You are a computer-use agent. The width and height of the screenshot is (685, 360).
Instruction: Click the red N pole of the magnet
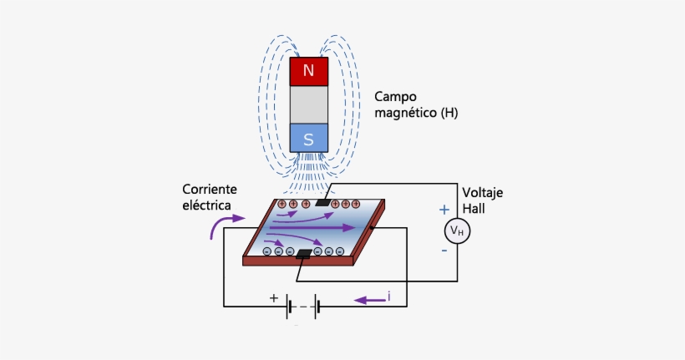tap(308, 72)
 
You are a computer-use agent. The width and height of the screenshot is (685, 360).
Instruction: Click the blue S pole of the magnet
tap(308, 139)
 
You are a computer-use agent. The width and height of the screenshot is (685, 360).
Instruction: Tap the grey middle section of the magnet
tap(308, 104)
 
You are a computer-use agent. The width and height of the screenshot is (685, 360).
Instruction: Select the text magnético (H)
tap(416, 112)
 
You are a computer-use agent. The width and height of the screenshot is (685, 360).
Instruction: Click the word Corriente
tap(211, 190)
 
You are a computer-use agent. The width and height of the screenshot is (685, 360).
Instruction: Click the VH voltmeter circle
tap(456, 230)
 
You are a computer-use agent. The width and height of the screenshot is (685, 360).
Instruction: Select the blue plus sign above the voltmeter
tap(444, 210)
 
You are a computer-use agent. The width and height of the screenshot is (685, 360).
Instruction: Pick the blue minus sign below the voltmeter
tap(444, 250)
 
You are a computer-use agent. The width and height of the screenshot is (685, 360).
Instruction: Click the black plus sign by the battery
tap(273, 297)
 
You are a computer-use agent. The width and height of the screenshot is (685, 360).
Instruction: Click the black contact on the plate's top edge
tap(322, 203)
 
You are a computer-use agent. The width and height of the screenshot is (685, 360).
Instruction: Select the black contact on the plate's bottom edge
tap(304, 253)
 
